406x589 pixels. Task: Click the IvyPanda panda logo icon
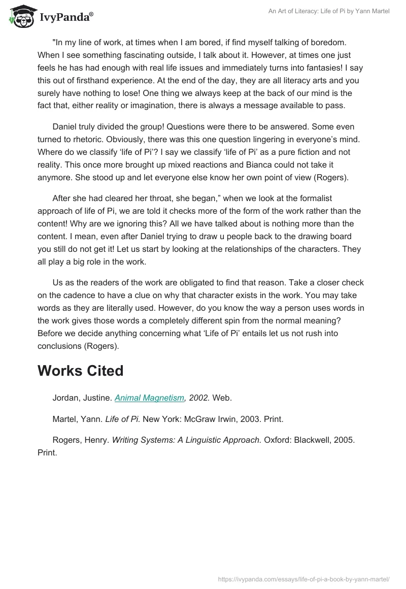pyautogui.click(x=21, y=16)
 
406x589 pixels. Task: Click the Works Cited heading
pyautogui.click(x=80, y=371)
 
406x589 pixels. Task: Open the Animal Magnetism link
pyautogui.click(x=149, y=398)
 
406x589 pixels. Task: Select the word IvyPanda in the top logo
pyautogui.click(x=64, y=18)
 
